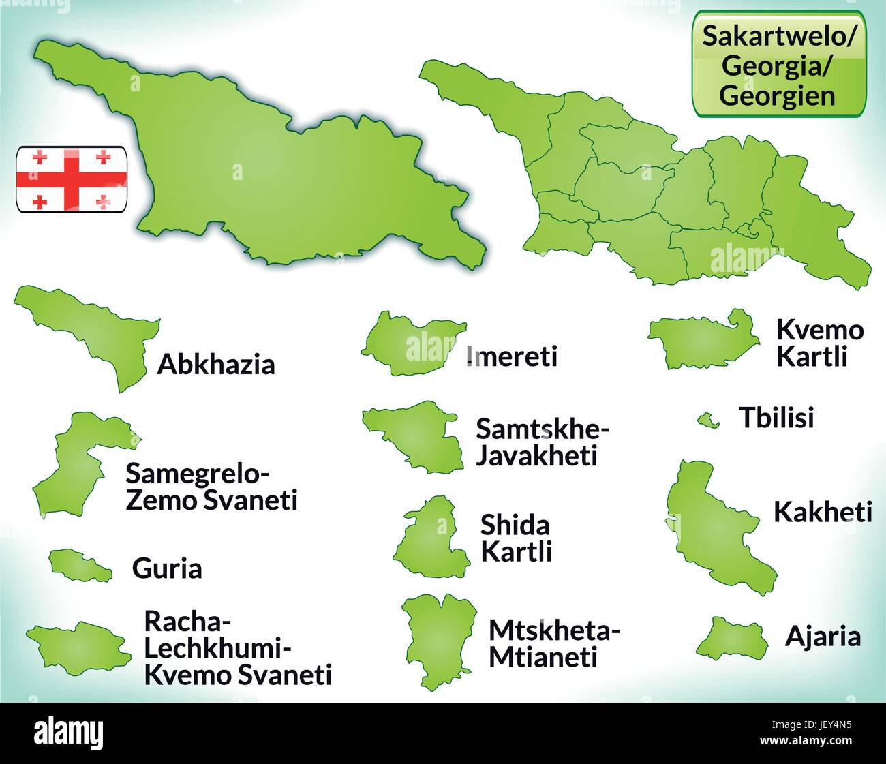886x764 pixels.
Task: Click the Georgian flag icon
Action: pos(72,179)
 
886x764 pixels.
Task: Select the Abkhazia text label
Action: pos(216,365)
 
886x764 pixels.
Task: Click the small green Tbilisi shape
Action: pos(707,421)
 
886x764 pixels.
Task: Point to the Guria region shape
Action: pos(78,565)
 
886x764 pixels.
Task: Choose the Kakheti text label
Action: pos(822,512)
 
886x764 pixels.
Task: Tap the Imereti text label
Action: pos(513,356)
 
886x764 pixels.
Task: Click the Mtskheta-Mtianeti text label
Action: pos(553,643)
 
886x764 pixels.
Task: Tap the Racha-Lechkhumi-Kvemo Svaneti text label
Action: pos(237,647)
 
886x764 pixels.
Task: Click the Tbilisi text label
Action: pos(776,418)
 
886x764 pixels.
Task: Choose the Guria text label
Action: pos(167,568)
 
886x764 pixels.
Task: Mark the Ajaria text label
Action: pos(823,637)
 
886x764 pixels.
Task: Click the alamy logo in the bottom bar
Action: pos(69,733)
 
